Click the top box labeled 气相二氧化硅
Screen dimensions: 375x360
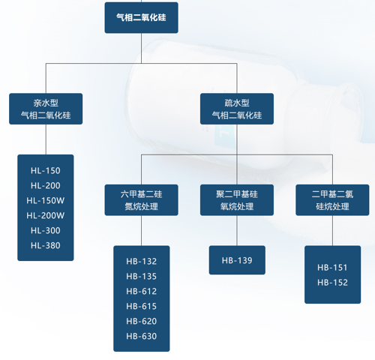[141, 18]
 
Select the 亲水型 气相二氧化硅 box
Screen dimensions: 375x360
[46, 109]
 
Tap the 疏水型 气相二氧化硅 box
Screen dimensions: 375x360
[237, 109]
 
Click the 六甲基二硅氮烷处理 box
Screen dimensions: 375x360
[141, 200]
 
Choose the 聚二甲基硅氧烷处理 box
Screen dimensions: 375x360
[237, 200]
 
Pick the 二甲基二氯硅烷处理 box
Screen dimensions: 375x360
[332, 200]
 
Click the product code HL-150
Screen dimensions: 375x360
[46, 171]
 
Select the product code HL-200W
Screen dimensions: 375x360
[46, 215]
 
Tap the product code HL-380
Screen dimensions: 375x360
[46, 245]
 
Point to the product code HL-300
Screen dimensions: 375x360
[46, 230]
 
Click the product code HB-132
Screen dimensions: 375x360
[142, 262]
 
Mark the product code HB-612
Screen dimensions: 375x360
[142, 292]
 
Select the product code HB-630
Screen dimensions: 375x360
[142, 336]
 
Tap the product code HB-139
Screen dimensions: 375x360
[237, 260]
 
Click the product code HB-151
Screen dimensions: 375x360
[332, 268]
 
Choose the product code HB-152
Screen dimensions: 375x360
[332, 283]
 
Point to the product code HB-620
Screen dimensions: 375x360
[142, 321]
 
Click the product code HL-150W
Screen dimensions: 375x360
[46, 200]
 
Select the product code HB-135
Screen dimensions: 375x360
[142, 277]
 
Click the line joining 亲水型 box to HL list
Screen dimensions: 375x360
[46, 139]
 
